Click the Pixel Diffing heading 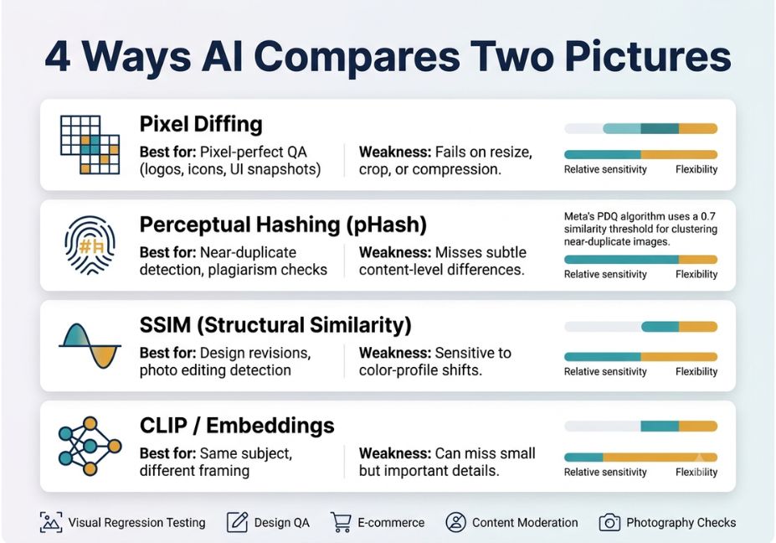201,124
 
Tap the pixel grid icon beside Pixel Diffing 90,145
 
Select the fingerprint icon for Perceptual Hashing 90,246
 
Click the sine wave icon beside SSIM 90,346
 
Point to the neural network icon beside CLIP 90,446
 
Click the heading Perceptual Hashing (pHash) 283,225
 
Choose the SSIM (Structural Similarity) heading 275,325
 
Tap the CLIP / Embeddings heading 237,426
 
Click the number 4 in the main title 58,57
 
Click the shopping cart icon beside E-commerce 341,522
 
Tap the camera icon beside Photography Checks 609,522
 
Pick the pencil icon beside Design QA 237,522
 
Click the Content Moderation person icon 455,522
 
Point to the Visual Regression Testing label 136,523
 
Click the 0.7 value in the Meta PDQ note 708,216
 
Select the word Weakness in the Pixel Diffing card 395,152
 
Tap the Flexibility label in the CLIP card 696,472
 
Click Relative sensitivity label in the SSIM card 605,371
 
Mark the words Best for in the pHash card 167,252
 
